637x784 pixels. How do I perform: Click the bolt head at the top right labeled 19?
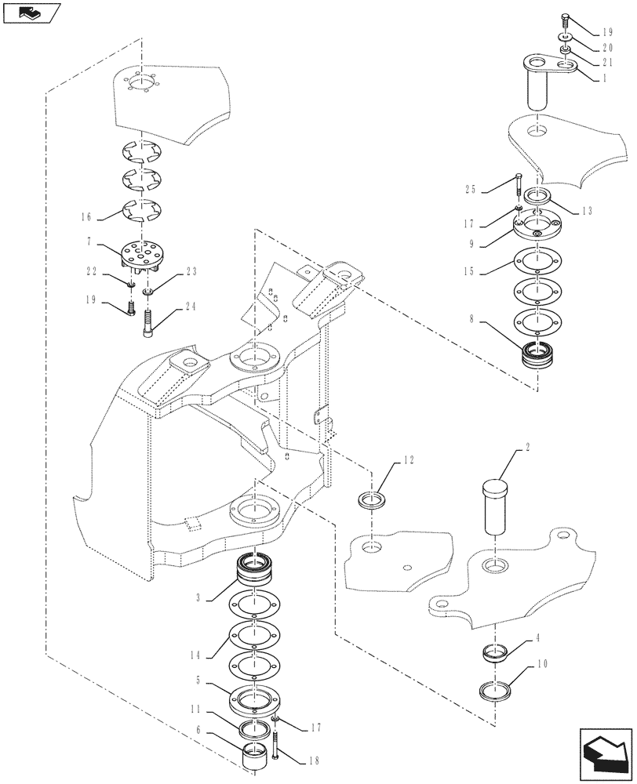point(566,21)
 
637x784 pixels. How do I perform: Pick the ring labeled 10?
point(497,693)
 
